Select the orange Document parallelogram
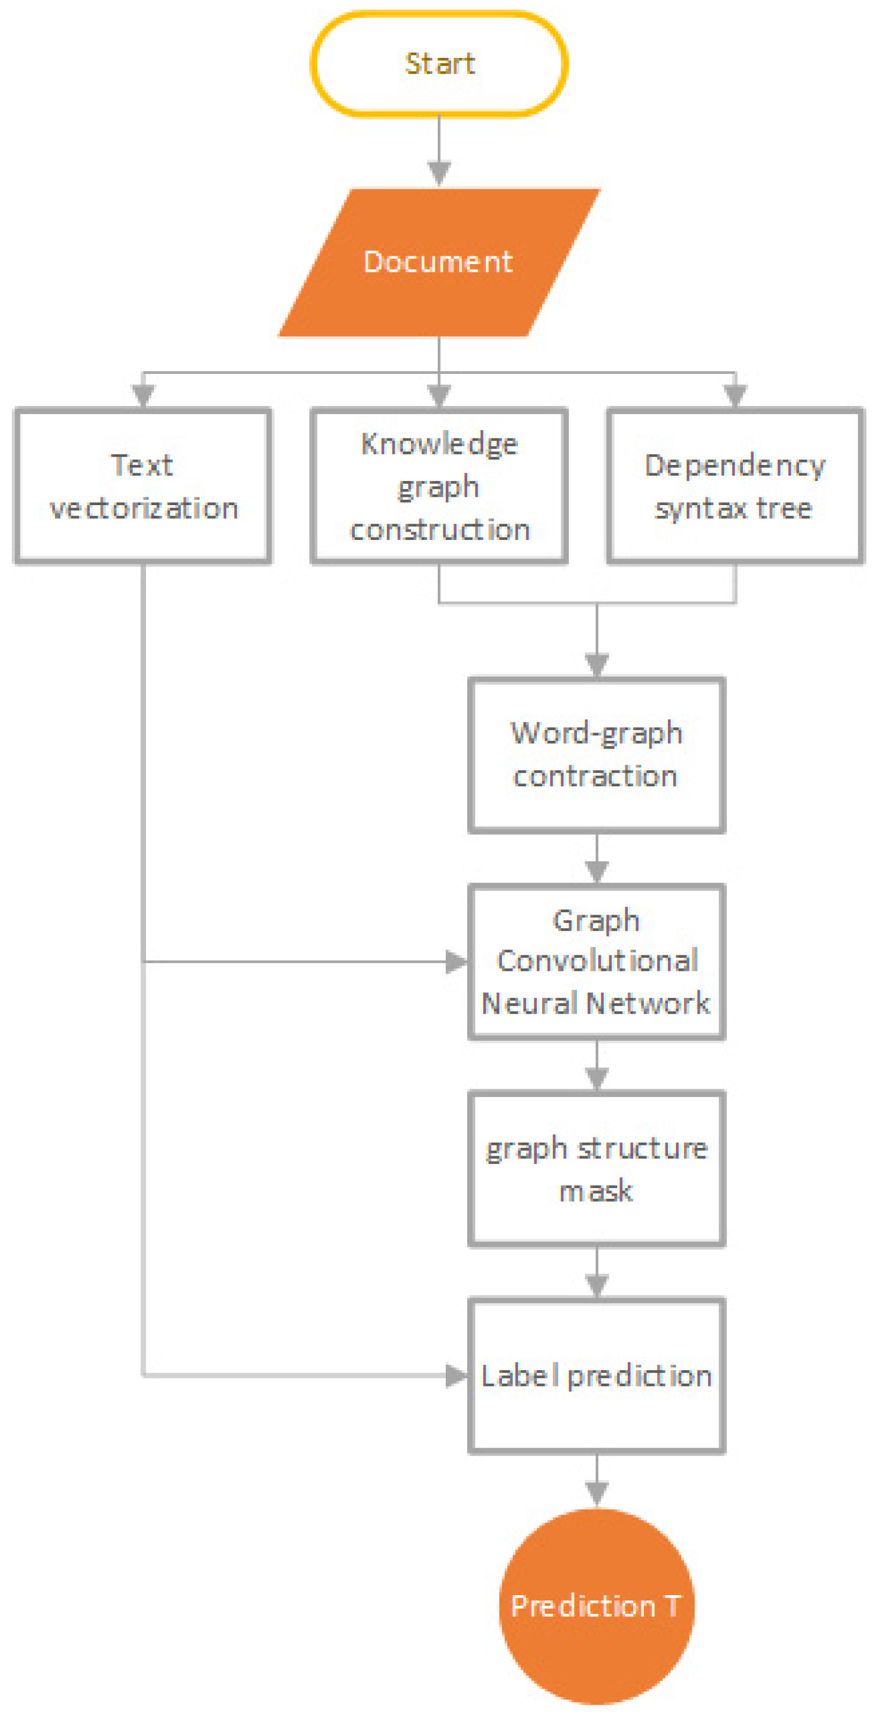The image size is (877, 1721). point(439,262)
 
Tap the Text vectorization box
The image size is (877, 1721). point(143,486)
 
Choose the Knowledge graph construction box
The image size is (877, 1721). point(439,486)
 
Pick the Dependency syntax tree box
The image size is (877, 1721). point(735,486)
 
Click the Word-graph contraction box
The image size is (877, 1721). point(596,755)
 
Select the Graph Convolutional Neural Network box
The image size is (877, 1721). point(596,962)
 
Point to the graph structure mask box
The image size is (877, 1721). point(596,1169)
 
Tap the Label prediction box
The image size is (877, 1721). point(596,1376)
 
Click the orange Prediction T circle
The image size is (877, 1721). point(596,1606)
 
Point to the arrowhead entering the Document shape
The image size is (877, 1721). point(439,173)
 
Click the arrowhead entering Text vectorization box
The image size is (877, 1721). point(143,395)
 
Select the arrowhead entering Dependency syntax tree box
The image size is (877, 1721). point(735,395)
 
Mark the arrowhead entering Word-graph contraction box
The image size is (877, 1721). point(596,665)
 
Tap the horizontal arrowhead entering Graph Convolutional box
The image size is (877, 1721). point(457,962)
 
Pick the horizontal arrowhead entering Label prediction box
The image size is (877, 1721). point(457,1376)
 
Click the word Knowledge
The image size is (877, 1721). point(439,444)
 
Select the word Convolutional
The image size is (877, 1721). point(597,961)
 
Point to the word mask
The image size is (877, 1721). point(596,1191)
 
